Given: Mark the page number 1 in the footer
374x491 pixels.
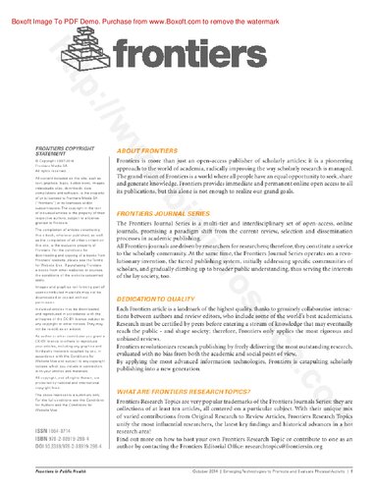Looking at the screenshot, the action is [364, 475].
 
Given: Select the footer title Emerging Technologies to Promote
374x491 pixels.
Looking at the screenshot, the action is [286, 475].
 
